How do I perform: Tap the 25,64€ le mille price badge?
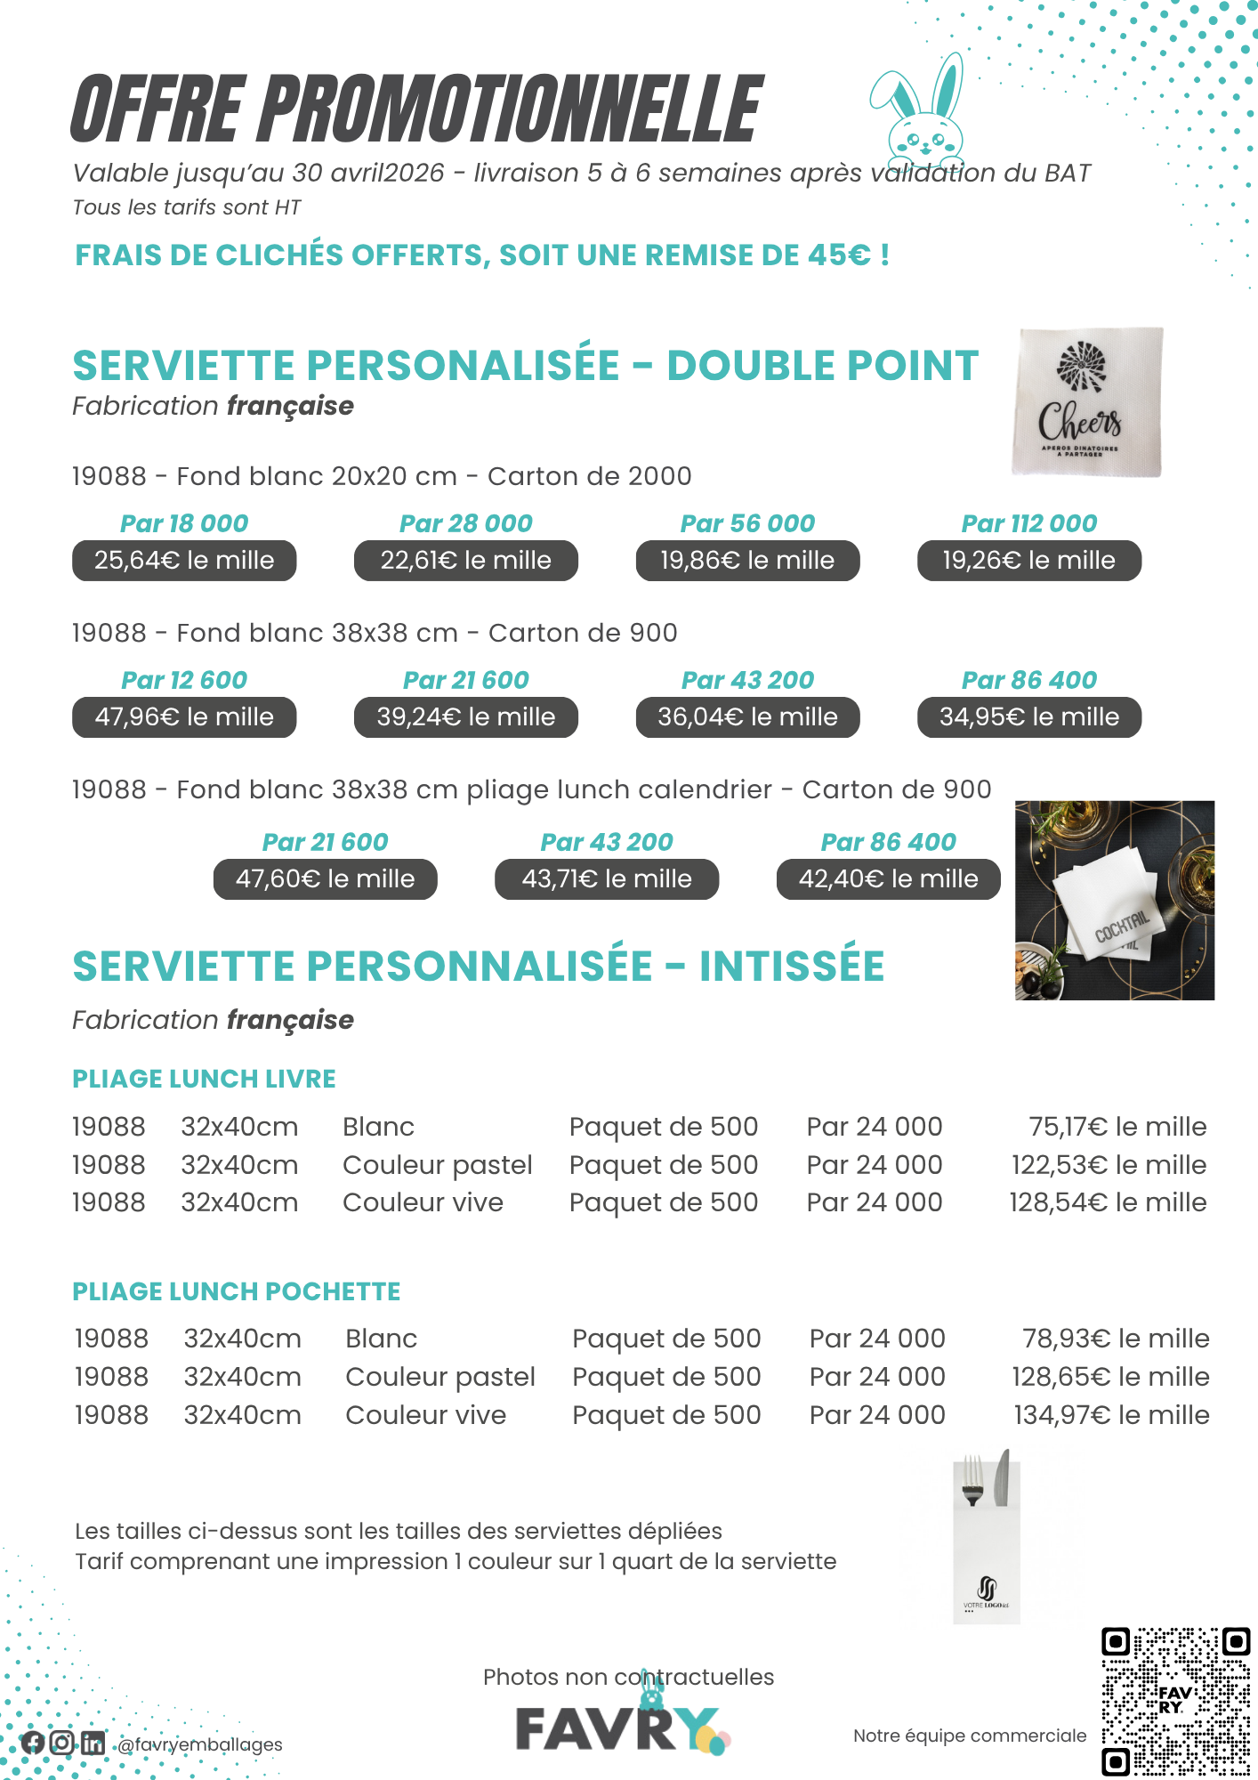[x=184, y=561]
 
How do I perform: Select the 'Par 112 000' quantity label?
[x=1029, y=523]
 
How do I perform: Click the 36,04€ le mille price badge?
[x=747, y=717]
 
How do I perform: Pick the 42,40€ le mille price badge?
[x=888, y=879]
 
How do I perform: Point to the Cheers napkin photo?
[x=1087, y=402]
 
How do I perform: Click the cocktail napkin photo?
[x=1114, y=901]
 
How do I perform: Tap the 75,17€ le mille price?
[x=1117, y=1127]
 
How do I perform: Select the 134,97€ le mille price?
[x=1111, y=1415]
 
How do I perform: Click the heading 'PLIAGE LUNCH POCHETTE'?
[x=237, y=1291]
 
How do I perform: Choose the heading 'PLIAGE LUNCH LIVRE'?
[x=204, y=1079]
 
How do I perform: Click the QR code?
[x=1176, y=1702]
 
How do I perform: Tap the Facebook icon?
[x=34, y=1743]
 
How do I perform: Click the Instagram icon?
[x=62, y=1743]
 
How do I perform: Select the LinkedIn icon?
[x=93, y=1743]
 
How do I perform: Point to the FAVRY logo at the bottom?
[x=623, y=1728]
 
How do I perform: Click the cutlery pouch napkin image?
[x=987, y=1537]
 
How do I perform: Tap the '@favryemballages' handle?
[x=200, y=1744]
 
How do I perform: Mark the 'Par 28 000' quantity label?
[x=466, y=523]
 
